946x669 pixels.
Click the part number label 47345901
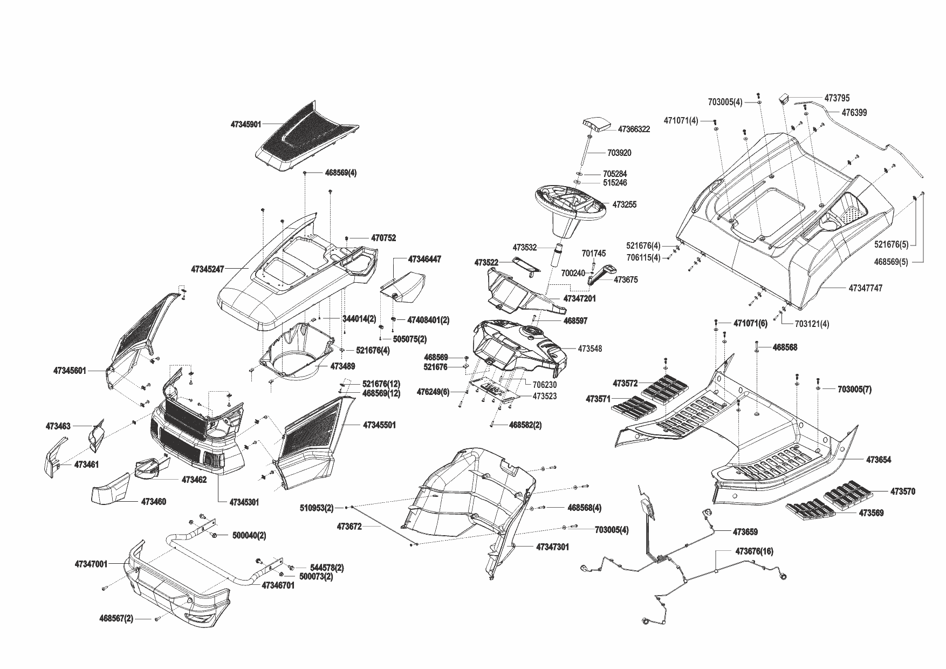click(245, 125)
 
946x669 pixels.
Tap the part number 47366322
click(634, 129)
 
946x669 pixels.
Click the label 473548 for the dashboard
click(589, 349)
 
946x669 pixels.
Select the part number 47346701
click(278, 585)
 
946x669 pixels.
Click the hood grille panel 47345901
click(305, 138)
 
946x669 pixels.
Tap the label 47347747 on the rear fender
click(866, 289)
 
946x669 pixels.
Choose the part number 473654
click(879, 460)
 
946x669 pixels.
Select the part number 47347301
click(552, 547)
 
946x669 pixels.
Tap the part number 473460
click(154, 502)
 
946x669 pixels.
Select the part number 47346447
click(424, 260)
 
